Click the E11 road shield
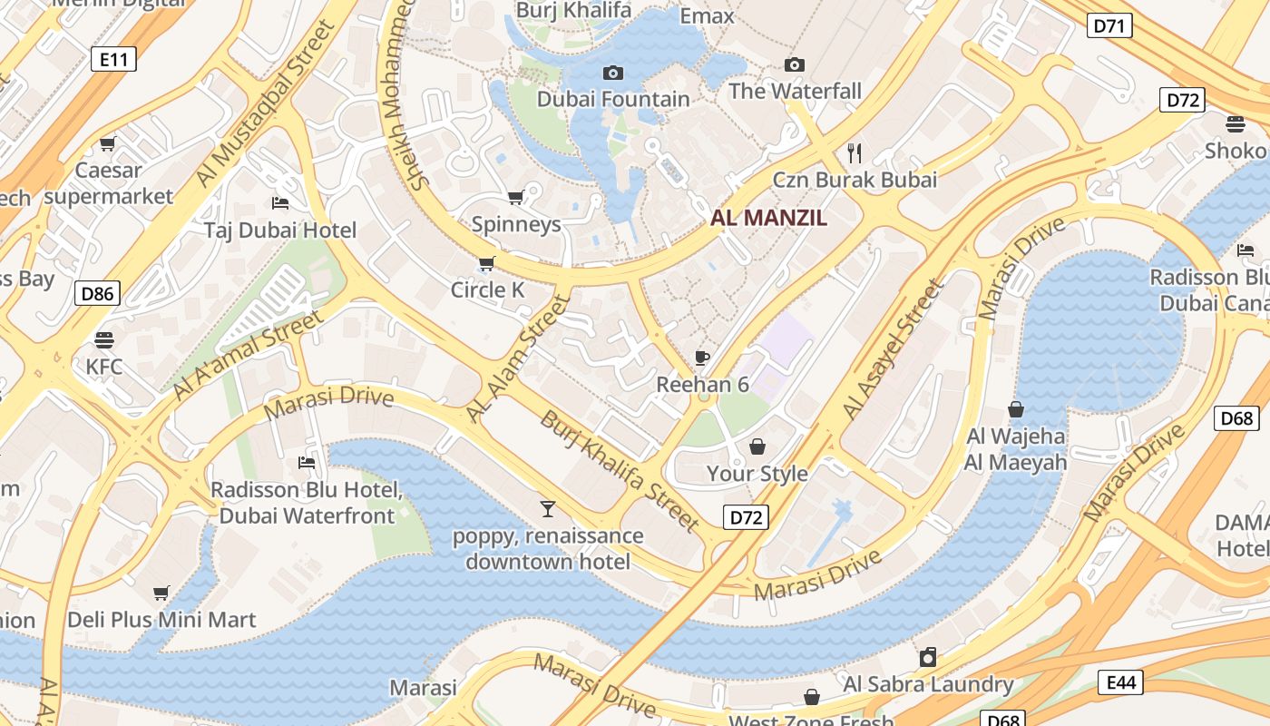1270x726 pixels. tap(113, 60)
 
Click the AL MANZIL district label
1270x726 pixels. tap(768, 218)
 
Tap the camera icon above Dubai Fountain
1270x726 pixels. tap(613, 73)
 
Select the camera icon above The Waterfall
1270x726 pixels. tap(795, 64)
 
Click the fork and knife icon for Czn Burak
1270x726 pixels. tap(854, 152)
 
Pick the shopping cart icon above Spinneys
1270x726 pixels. tap(516, 197)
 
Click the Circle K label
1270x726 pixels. tap(488, 289)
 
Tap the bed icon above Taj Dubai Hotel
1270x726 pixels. tap(280, 202)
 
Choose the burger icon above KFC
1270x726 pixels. tap(104, 340)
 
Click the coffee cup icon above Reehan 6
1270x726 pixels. tap(701, 357)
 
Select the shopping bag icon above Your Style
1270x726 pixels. tap(757, 446)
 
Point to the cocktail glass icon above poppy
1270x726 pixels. tap(547, 508)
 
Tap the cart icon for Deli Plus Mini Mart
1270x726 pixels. tap(161, 593)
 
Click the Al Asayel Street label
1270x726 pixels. tap(893, 349)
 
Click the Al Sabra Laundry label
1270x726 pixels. tap(928, 683)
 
